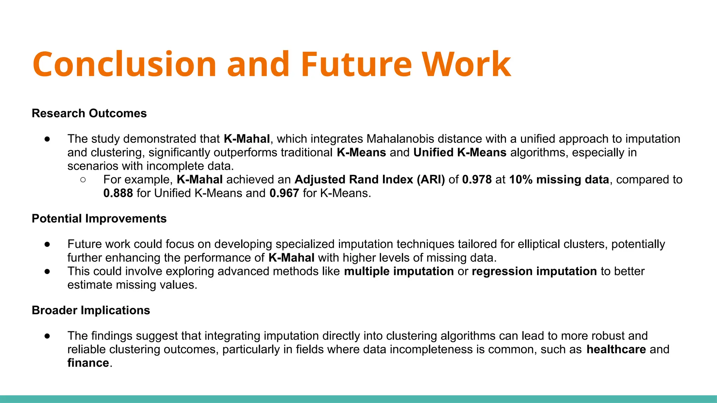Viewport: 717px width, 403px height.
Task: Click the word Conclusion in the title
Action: [x=124, y=64]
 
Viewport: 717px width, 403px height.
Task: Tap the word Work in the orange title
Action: [x=466, y=64]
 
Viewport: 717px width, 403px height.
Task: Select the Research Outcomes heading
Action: [x=89, y=113]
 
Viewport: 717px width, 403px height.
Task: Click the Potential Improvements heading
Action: [x=99, y=219]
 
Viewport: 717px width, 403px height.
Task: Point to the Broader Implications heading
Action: [x=91, y=310]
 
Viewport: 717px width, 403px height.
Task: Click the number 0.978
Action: [x=477, y=179]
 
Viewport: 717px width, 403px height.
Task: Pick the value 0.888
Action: [x=118, y=193]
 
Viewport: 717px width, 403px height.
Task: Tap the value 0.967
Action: [x=284, y=193]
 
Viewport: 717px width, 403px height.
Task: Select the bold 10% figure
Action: [x=521, y=179]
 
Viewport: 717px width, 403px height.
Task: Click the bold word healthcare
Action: [x=616, y=349]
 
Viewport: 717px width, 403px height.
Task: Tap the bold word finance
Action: [x=88, y=363]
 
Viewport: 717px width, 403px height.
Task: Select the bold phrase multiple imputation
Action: [x=399, y=271]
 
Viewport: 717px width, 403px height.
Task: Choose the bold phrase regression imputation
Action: [x=534, y=271]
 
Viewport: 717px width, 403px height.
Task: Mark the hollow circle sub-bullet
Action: [x=83, y=180]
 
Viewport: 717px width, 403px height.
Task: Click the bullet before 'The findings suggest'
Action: [x=47, y=336]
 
